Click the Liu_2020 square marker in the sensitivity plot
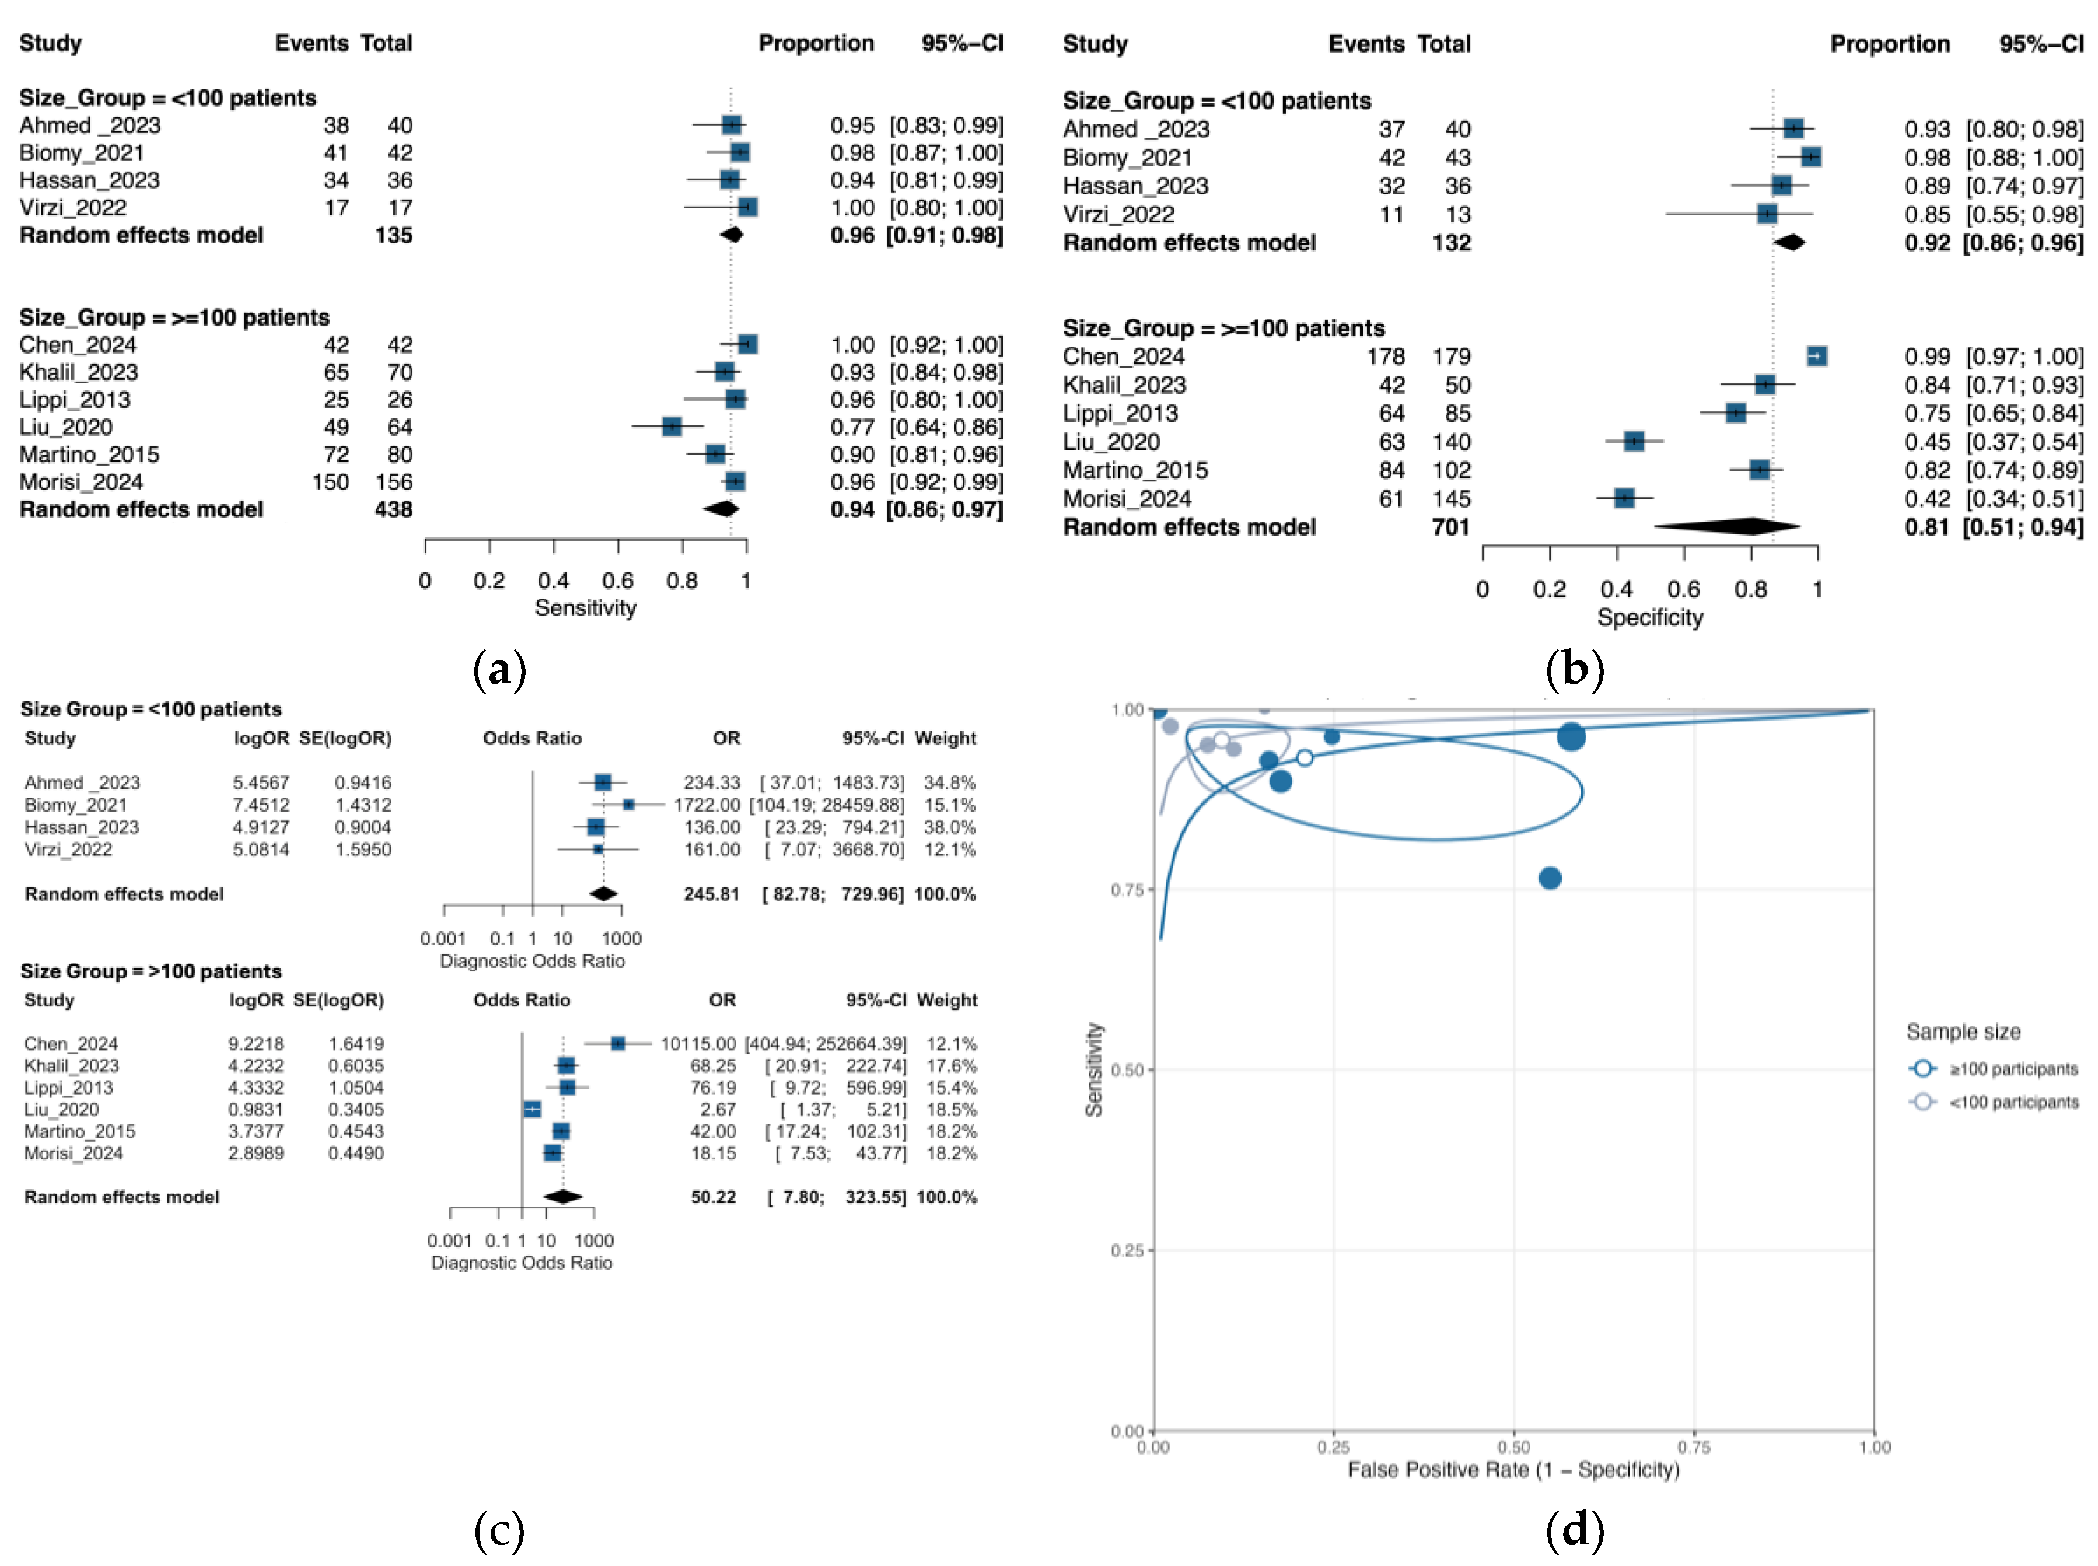[x=671, y=427]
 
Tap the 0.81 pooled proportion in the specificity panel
[x=1926, y=527]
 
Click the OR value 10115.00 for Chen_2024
[x=697, y=1044]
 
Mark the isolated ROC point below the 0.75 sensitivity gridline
[x=1550, y=878]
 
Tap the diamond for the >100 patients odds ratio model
[x=563, y=1197]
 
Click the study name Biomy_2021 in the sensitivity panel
[x=82, y=153]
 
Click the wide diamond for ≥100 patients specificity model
[x=1726, y=526]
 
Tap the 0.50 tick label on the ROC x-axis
[x=1513, y=1448]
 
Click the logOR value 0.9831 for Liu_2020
[x=256, y=1109]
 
